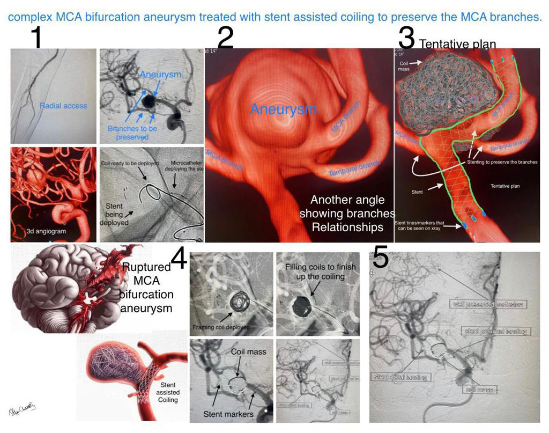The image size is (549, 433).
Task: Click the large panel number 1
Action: pos(36,37)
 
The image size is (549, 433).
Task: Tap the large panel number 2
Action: pos(225,38)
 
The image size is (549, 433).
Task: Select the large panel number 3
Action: pos(406,38)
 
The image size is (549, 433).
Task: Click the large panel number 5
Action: pos(380,257)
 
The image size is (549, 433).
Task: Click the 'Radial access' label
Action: pos(63,106)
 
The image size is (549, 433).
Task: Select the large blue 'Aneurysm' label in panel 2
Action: pos(283,109)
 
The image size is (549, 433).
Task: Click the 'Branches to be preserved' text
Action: pos(132,133)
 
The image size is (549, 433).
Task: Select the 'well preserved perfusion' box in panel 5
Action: pos(487,304)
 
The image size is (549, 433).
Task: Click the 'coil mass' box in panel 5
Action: pos(480,390)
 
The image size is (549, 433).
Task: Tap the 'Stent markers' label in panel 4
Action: pos(228,414)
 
